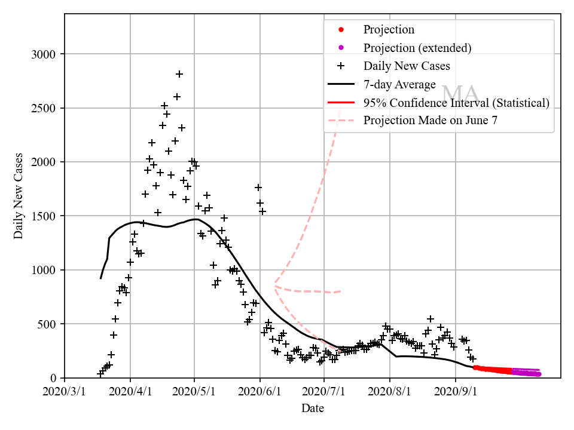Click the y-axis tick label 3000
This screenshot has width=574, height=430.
click(x=43, y=54)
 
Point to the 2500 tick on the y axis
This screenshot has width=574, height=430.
click(x=43, y=108)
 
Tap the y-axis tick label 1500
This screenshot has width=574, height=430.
click(x=43, y=216)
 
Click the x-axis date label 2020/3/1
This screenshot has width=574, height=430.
click(x=65, y=392)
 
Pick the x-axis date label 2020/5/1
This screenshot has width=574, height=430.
click(x=195, y=392)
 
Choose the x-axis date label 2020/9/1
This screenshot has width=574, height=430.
click(x=456, y=392)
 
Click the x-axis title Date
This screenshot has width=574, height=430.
click(x=313, y=408)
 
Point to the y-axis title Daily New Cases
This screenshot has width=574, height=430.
click(x=19, y=196)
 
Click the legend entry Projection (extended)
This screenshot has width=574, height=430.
click(x=417, y=48)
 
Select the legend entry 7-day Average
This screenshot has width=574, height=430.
click(x=399, y=84)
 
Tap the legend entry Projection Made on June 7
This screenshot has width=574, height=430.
click(x=430, y=120)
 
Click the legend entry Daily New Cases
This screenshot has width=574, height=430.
click(x=407, y=66)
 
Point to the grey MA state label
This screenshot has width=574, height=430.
click(x=460, y=93)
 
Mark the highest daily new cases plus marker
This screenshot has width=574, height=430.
click(x=179, y=74)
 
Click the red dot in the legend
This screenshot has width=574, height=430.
click(x=341, y=30)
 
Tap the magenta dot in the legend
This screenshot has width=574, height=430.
click(x=341, y=48)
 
